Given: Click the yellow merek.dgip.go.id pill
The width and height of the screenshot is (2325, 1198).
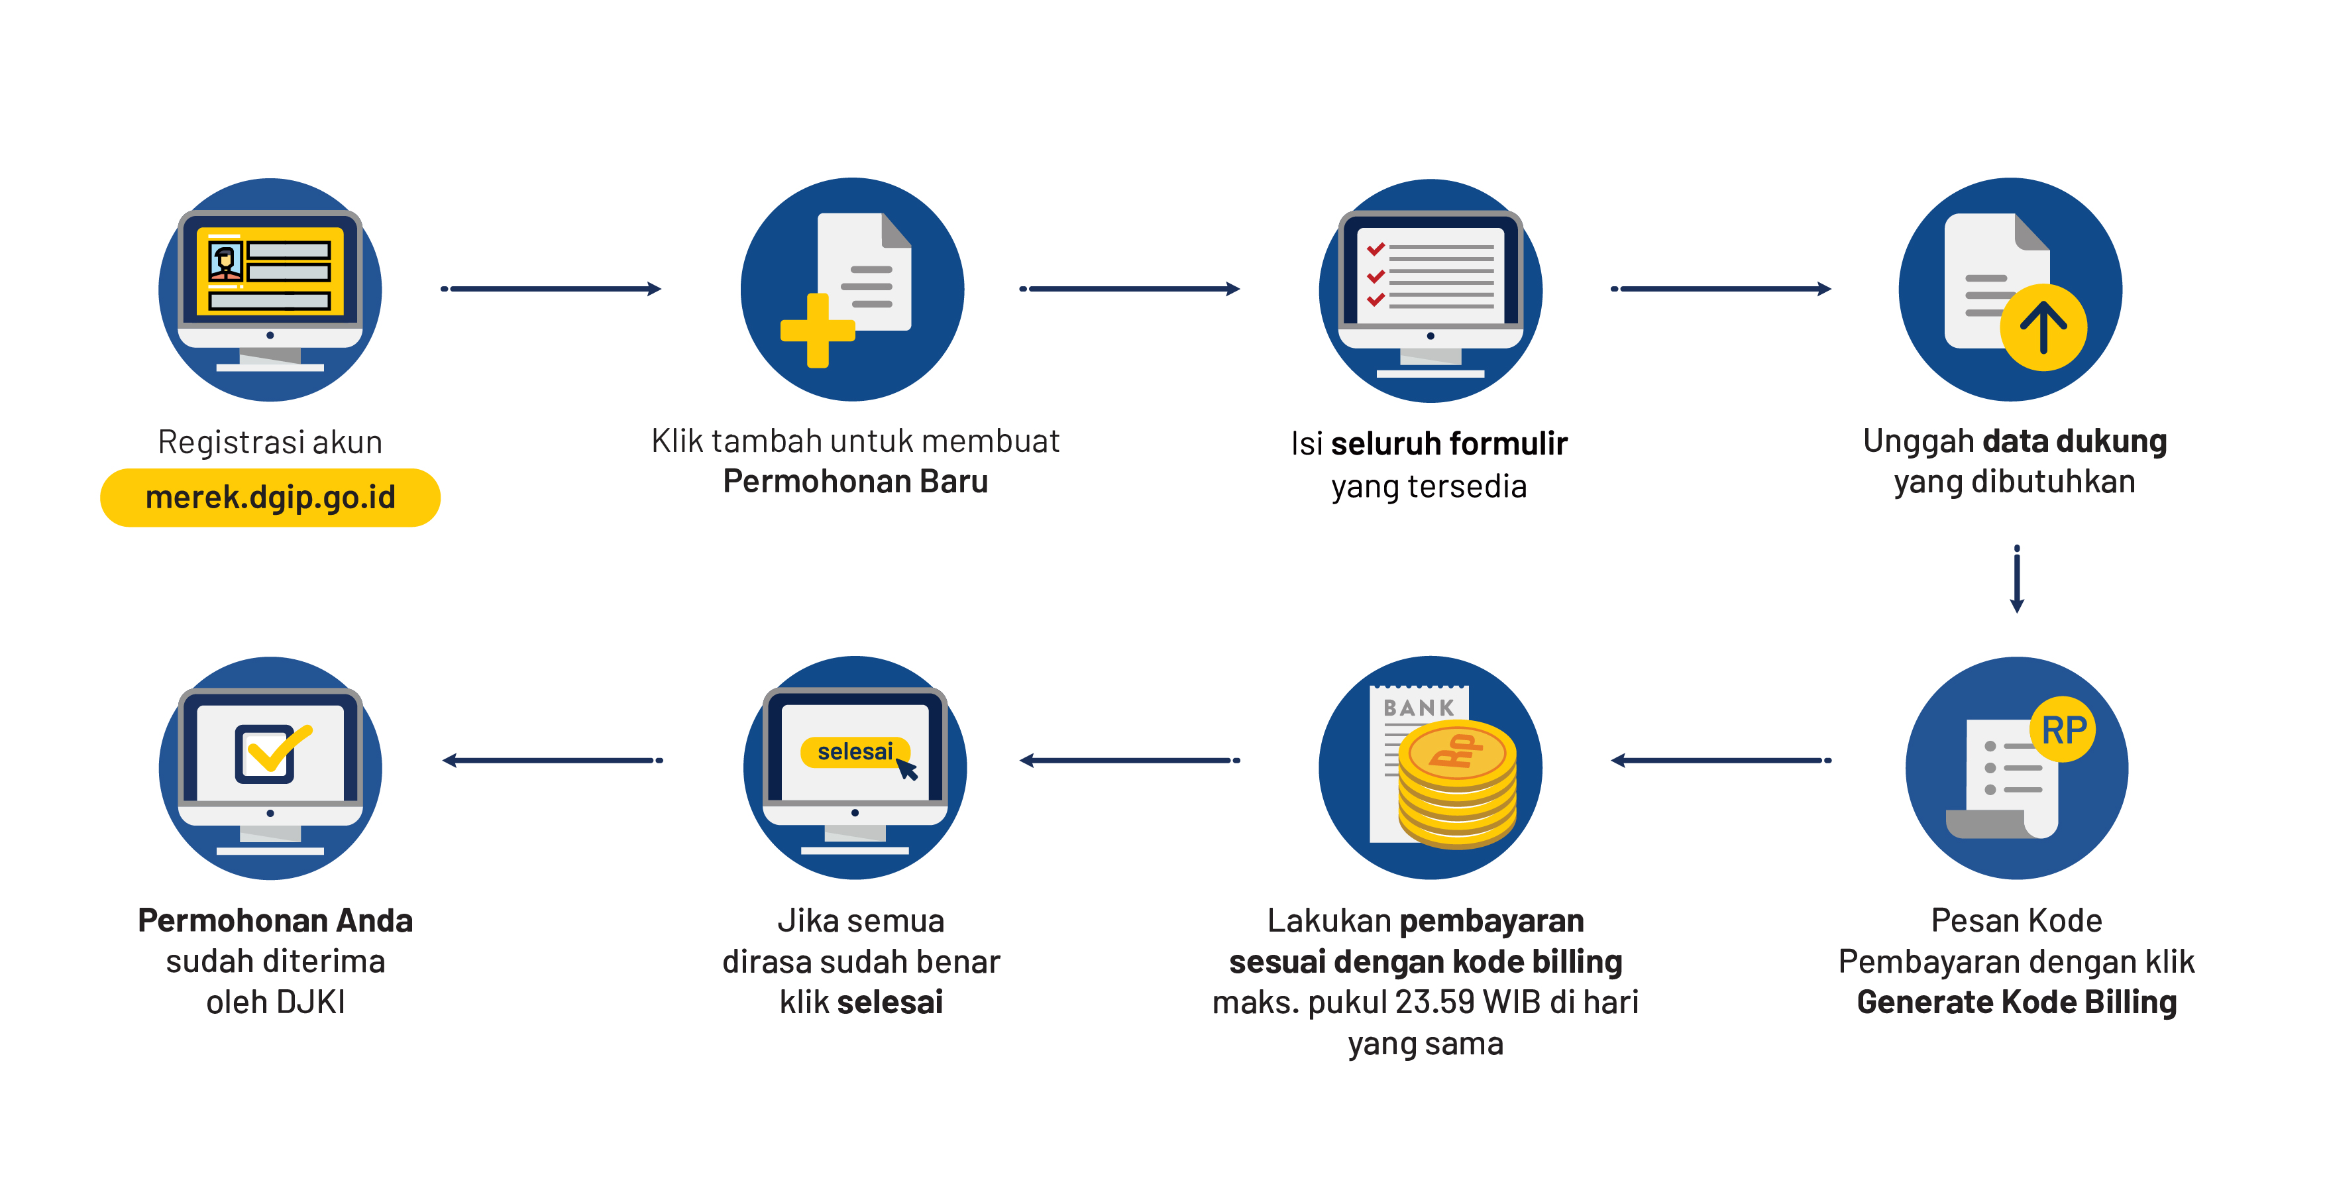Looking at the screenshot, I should [270, 498].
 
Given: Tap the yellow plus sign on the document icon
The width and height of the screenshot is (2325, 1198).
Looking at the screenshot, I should [817, 331].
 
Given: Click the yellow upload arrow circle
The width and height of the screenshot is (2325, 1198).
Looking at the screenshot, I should [2043, 327].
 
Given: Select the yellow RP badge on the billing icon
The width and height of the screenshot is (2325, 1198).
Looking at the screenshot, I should [2063, 730].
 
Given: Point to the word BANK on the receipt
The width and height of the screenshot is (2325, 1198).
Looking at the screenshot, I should [1419, 708].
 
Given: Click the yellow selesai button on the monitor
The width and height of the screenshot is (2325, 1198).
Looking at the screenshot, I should [854, 752].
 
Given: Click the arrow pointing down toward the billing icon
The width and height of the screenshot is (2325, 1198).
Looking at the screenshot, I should [2016, 580].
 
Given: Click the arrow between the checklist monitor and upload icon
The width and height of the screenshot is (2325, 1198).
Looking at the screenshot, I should [1721, 289].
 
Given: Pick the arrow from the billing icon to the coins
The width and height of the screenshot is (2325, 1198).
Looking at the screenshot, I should [1721, 760].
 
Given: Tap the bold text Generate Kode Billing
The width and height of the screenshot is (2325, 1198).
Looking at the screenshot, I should [2016, 1002].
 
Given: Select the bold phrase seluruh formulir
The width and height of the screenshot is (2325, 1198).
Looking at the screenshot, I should [1448, 444].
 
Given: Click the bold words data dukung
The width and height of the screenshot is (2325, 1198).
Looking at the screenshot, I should [2074, 441].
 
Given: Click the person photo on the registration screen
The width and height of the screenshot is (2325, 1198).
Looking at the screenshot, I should [225, 261].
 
